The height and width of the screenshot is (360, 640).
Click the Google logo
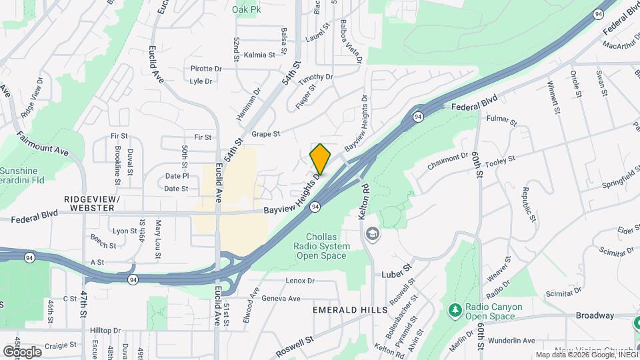pos(22,351)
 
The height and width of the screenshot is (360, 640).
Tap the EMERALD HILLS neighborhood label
pos(350,311)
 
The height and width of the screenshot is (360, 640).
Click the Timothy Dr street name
pos(315,79)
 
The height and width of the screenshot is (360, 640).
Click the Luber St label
pos(397,275)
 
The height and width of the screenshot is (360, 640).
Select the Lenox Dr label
pos(299,281)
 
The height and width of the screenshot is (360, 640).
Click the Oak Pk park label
pos(246,10)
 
